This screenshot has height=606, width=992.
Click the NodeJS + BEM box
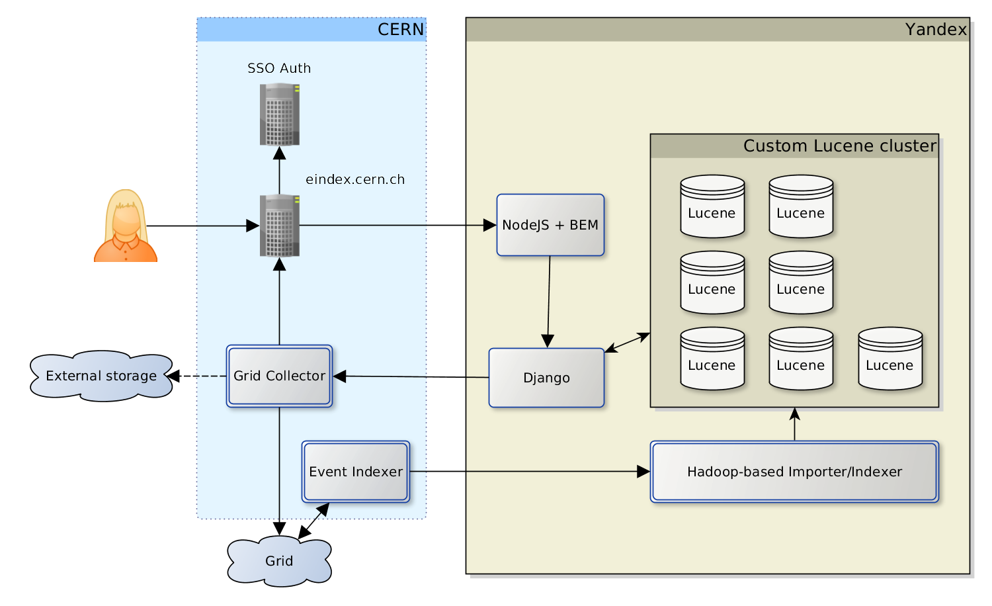pos(550,225)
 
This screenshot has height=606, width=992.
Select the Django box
pos(546,378)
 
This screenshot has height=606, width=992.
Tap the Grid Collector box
pos(279,376)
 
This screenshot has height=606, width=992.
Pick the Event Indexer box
pos(356,472)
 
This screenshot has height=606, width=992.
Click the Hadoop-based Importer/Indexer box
pos(794,472)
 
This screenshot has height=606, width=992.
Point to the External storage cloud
pos(101,376)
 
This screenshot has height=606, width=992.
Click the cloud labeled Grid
pos(279,561)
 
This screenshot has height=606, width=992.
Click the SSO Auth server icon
pos(280,114)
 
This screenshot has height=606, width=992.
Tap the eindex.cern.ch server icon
pos(280,226)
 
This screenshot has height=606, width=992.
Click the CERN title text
pos(401,30)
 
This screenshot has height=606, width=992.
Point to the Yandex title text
pos(936,30)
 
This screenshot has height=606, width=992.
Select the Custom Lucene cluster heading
pos(840,146)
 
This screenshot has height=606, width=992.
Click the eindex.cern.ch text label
pos(355,179)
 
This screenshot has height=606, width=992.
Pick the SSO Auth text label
pos(279,68)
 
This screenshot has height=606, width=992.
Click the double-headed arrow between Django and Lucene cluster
pos(627,343)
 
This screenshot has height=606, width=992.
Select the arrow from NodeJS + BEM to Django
pos(549,301)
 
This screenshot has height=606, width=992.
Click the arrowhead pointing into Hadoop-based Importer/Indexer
pos(643,472)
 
